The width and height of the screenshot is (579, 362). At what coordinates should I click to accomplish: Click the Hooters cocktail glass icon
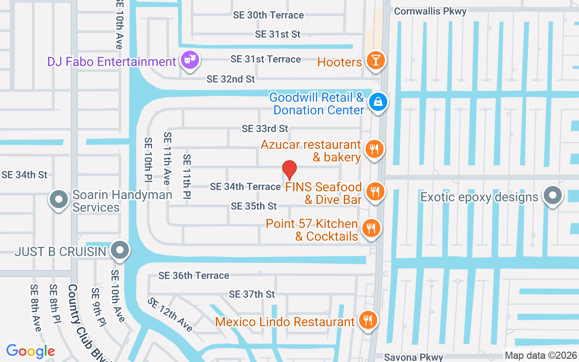[x=375, y=61]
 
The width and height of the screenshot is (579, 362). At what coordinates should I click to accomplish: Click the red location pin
[x=289, y=170]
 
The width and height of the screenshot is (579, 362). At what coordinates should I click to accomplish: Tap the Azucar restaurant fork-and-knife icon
[x=374, y=149]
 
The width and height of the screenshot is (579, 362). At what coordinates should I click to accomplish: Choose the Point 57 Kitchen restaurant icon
[x=371, y=228]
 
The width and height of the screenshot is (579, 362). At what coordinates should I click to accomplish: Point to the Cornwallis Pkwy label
[x=430, y=11]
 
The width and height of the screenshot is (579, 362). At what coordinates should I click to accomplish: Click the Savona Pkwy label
[x=413, y=357]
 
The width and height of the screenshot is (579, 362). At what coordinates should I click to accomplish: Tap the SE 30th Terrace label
[x=268, y=15]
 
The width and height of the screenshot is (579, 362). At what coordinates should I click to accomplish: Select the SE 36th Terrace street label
[x=194, y=275]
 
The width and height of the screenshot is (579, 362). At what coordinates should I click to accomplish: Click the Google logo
[x=30, y=351]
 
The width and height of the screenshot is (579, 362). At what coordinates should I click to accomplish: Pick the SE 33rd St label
[x=265, y=129]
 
